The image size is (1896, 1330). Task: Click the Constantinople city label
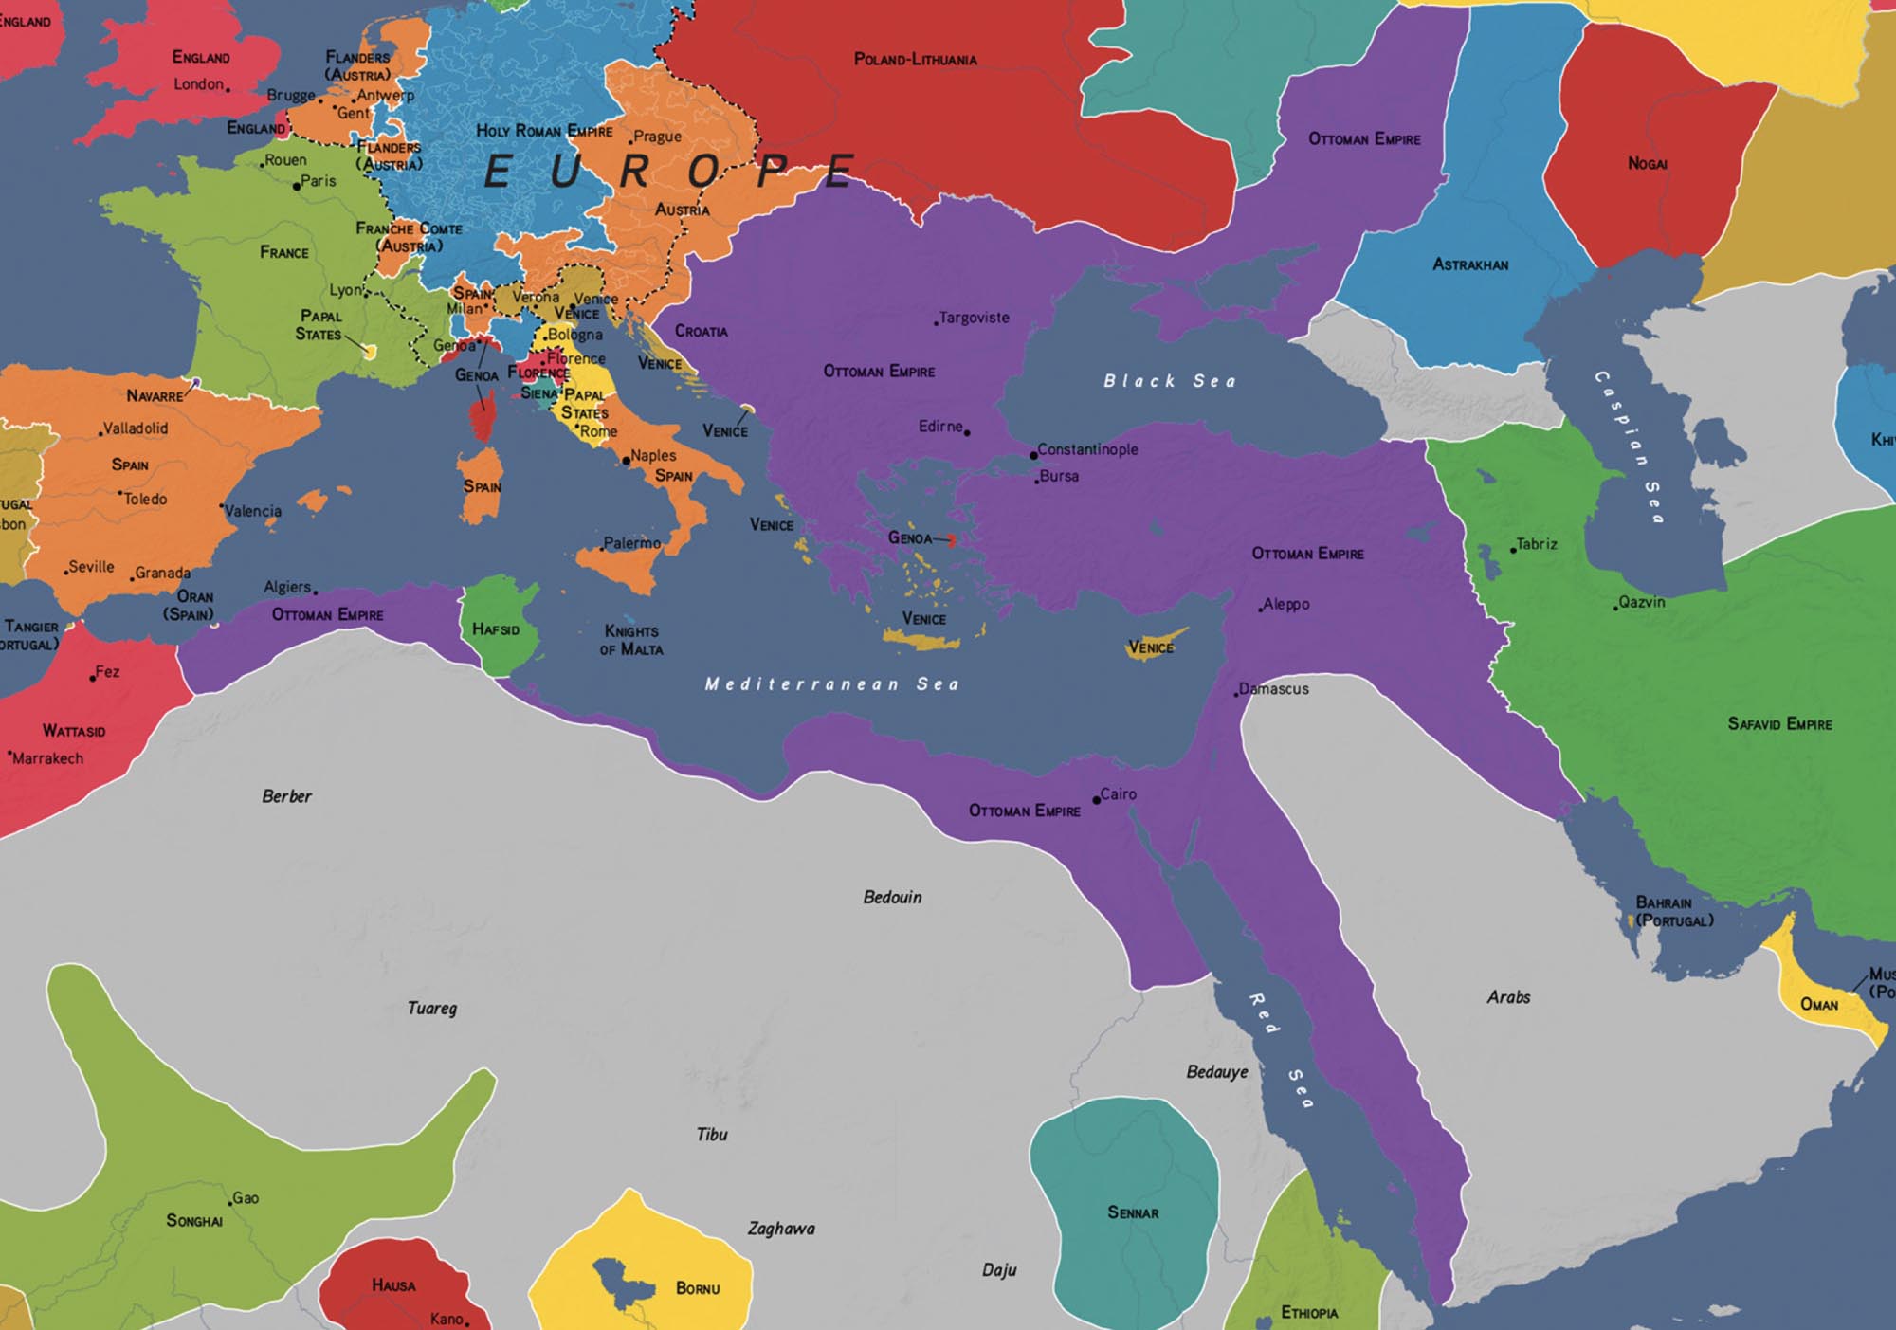click(1087, 449)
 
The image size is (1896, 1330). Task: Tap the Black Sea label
click(1169, 381)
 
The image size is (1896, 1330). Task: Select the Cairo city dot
click(1097, 800)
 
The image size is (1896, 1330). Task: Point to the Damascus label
click(1273, 689)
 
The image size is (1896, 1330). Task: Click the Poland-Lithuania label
click(915, 59)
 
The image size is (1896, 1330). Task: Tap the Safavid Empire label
click(1779, 724)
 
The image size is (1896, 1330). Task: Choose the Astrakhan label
click(1469, 264)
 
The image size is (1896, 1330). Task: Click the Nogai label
click(1647, 163)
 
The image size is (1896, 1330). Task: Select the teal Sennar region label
click(1133, 1212)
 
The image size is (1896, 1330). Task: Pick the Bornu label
click(698, 1288)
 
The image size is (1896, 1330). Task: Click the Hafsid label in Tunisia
click(495, 629)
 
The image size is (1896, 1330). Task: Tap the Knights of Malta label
click(631, 640)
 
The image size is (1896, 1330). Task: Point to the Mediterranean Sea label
click(831, 683)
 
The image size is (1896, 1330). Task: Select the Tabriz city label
click(1536, 544)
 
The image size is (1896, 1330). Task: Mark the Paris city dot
click(297, 186)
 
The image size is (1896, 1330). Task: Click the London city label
click(198, 84)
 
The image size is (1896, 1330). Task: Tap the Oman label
click(1818, 1004)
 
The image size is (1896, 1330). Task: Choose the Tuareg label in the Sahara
click(432, 1008)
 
